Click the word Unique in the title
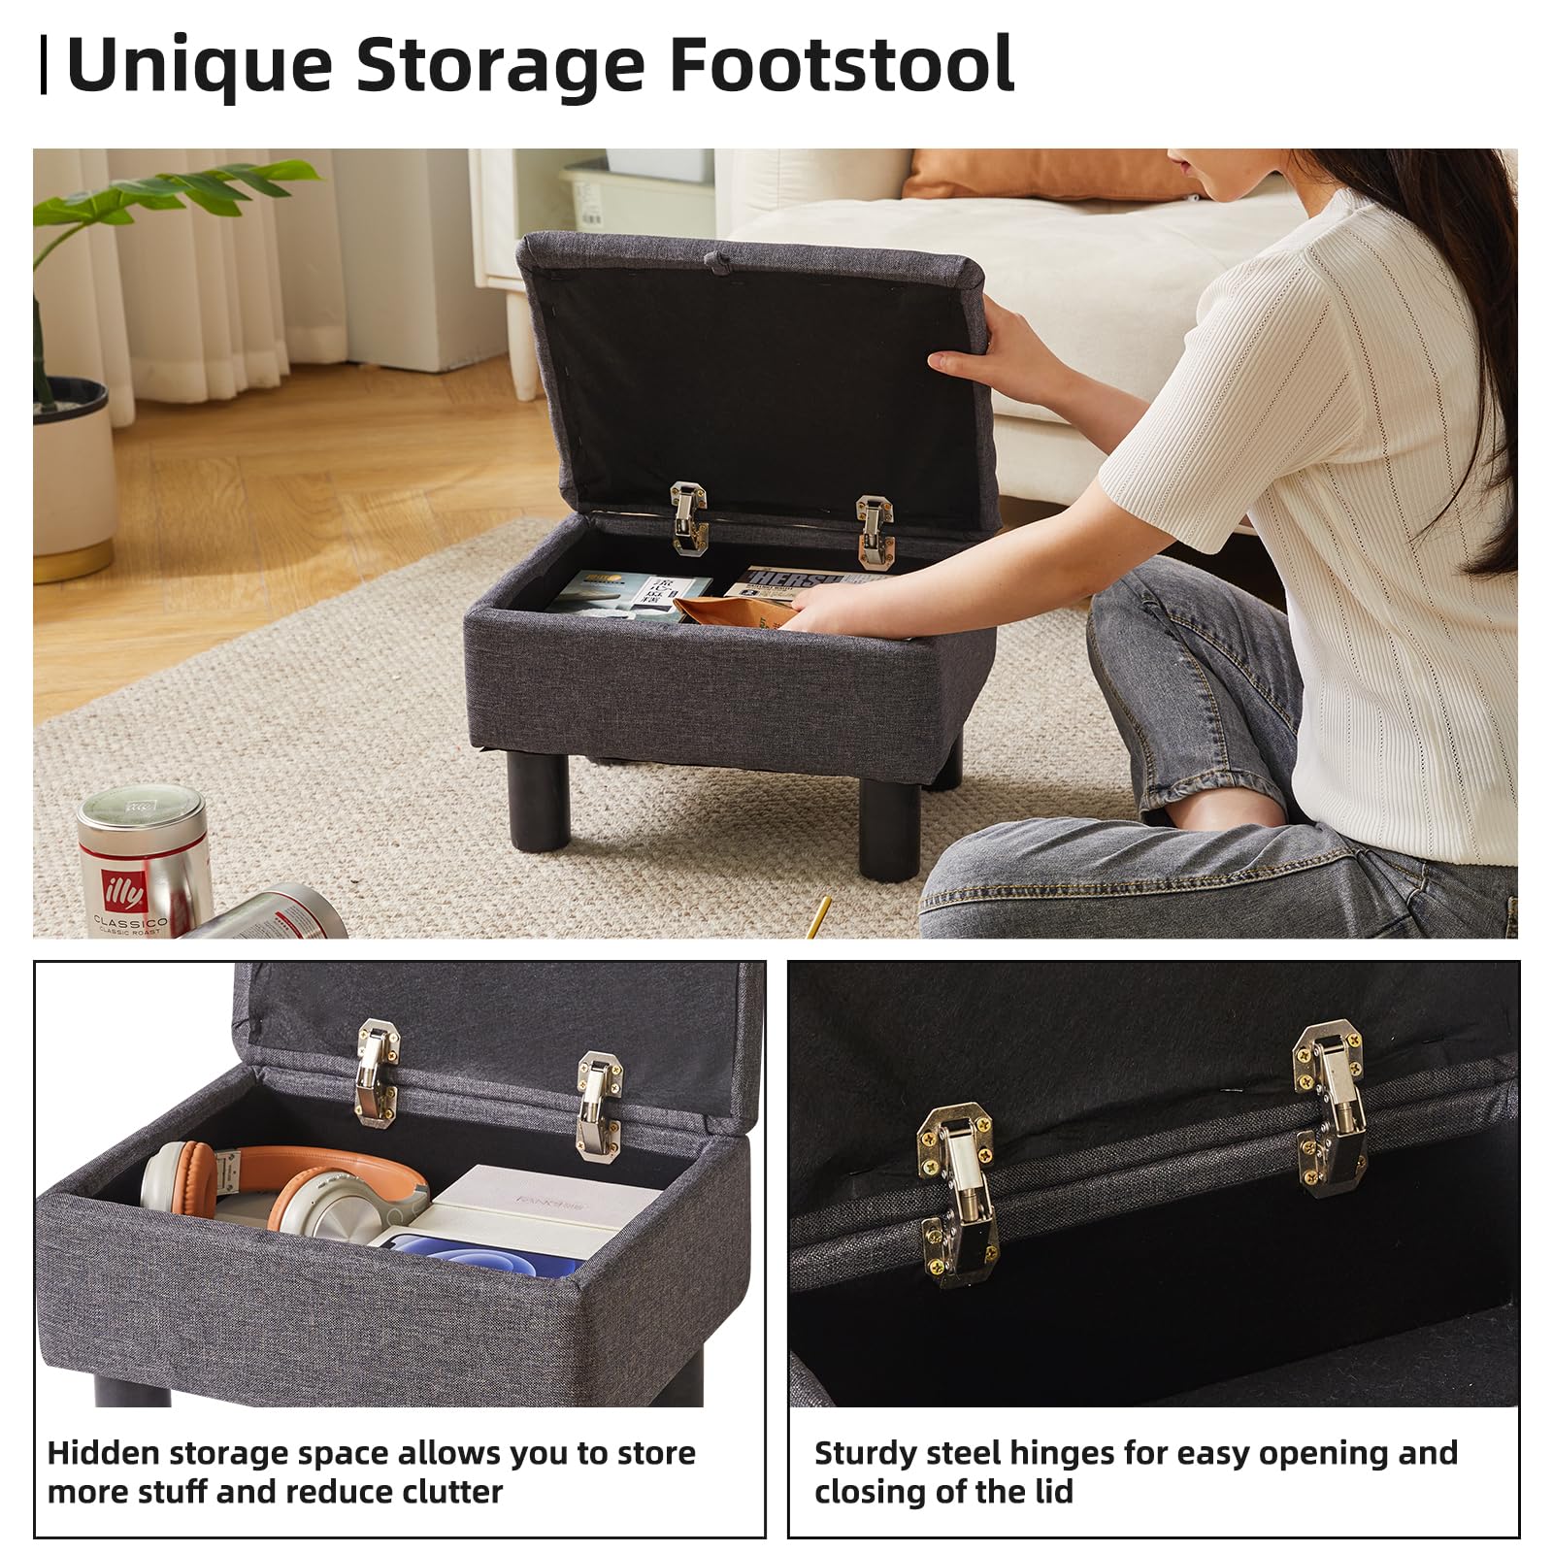tap(199, 66)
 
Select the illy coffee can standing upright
tap(144, 858)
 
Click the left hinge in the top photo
tap(688, 517)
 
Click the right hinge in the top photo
tap(874, 530)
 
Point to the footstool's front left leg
tap(540, 801)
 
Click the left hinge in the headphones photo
tap(378, 1073)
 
